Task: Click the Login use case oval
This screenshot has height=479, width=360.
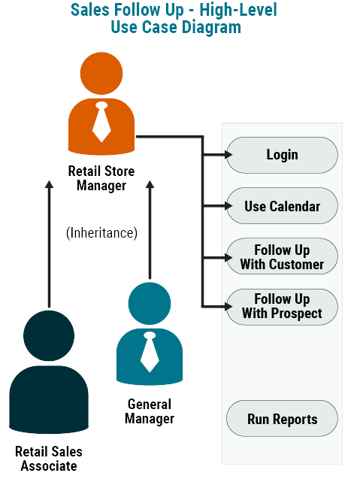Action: [x=282, y=155]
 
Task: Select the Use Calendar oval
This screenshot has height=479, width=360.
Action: [x=282, y=206]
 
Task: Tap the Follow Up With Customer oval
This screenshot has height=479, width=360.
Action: [x=282, y=257]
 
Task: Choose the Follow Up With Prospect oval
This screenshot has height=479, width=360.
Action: [x=282, y=307]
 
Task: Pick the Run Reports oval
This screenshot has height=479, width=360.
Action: [x=282, y=420]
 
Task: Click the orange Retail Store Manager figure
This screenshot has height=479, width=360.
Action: [x=101, y=105]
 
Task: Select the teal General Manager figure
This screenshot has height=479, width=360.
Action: [x=150, y=335]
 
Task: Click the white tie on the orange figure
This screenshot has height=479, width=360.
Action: [x=101, y=122]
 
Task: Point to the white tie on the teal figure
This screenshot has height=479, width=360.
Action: [x=150, y=351]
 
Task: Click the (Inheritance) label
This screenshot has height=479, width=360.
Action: [x=101, y=233]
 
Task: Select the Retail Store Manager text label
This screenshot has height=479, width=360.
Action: [x=101, y=178]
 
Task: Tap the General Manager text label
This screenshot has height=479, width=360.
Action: [x=150, y=411]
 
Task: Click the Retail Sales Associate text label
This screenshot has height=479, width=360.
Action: [x=49, y=459]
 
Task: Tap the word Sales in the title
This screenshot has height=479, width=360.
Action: [x=89, y=11]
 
